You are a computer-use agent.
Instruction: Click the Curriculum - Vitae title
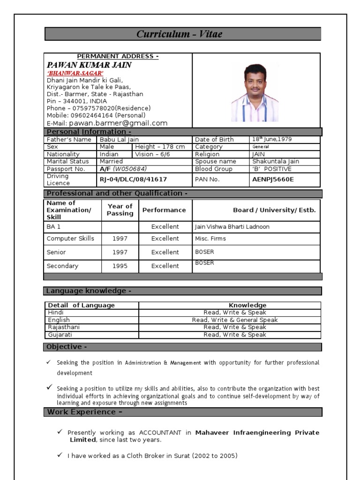(180, 34)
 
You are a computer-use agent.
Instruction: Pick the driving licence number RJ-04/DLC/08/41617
(133, 180)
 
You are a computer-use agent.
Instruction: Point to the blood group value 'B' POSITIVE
(272, 169)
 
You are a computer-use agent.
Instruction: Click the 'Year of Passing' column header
(120, 210)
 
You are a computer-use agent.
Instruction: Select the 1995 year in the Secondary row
(120, 266)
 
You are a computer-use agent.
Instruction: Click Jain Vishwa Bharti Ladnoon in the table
(232, 227)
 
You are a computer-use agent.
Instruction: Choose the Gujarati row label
(60, 335)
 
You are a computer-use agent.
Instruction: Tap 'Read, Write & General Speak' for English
(234, 320)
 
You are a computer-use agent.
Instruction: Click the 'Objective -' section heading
(66, 347)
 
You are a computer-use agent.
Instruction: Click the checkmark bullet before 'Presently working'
(60, 432)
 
